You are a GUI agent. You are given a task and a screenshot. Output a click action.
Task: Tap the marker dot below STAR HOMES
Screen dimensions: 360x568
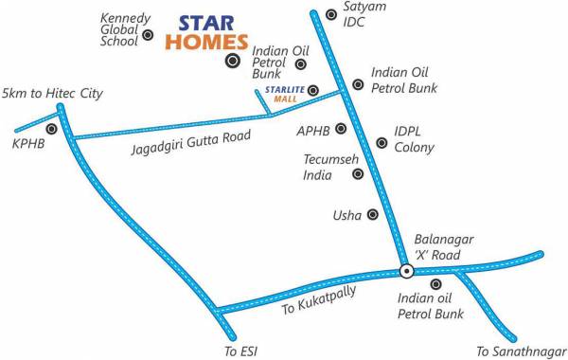click(x=232, y=62)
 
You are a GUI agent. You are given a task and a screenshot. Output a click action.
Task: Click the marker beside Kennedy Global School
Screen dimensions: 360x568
click(x=148, y=36)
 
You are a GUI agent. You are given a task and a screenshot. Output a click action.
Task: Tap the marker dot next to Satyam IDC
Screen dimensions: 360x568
click(x=330, y=14)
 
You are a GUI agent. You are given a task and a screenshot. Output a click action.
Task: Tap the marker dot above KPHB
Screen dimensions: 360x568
click(x=50, y=129)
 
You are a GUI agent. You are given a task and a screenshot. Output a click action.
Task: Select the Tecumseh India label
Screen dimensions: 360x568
click(x=325, y=168)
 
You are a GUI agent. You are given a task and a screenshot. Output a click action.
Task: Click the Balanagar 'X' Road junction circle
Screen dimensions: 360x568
click(x=406, y=271)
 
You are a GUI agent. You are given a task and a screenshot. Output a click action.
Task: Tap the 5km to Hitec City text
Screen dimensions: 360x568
click(x=52, y=94)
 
